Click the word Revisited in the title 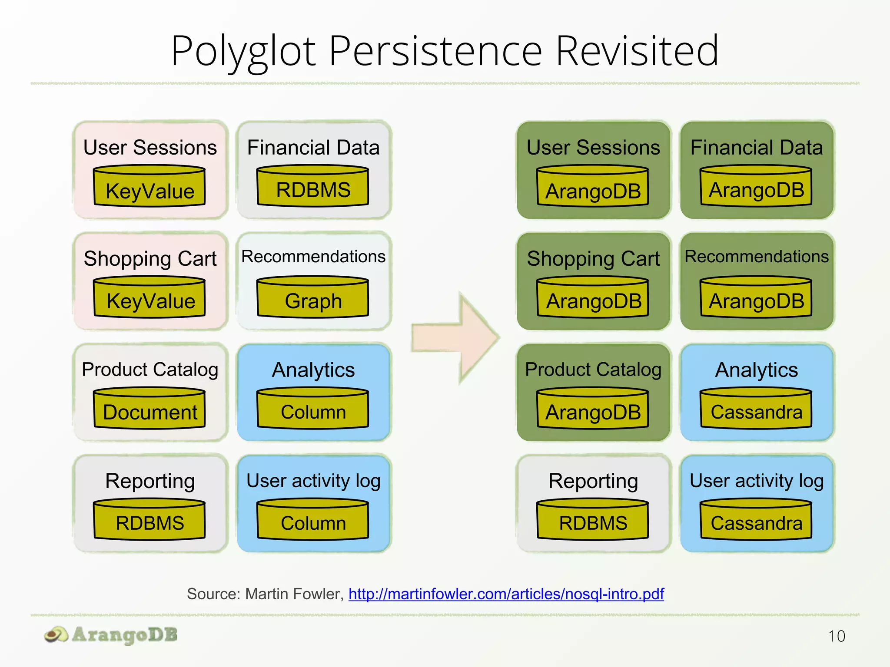point(637,51)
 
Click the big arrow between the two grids point(456,338)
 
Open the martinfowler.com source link point(506,594)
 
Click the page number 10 point(836,636)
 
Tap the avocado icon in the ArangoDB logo point(56,635)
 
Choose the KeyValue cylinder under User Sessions point(149,187)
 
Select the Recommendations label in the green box point(757,256)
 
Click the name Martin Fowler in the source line point(295,594)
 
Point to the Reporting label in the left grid point(150,481)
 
